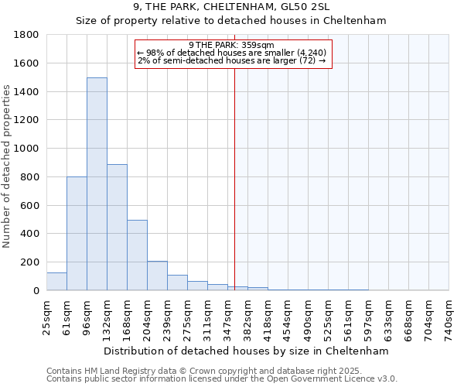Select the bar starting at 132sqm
tap(117, 228)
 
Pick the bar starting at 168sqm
tap(137, 255)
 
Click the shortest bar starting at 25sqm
tap(56, 282)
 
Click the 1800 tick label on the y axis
tap(27, 35)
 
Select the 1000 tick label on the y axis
tap(27, 149)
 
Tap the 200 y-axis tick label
tap(30, 262)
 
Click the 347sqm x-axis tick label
tap(227, 318)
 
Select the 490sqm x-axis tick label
tap(308, 318)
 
